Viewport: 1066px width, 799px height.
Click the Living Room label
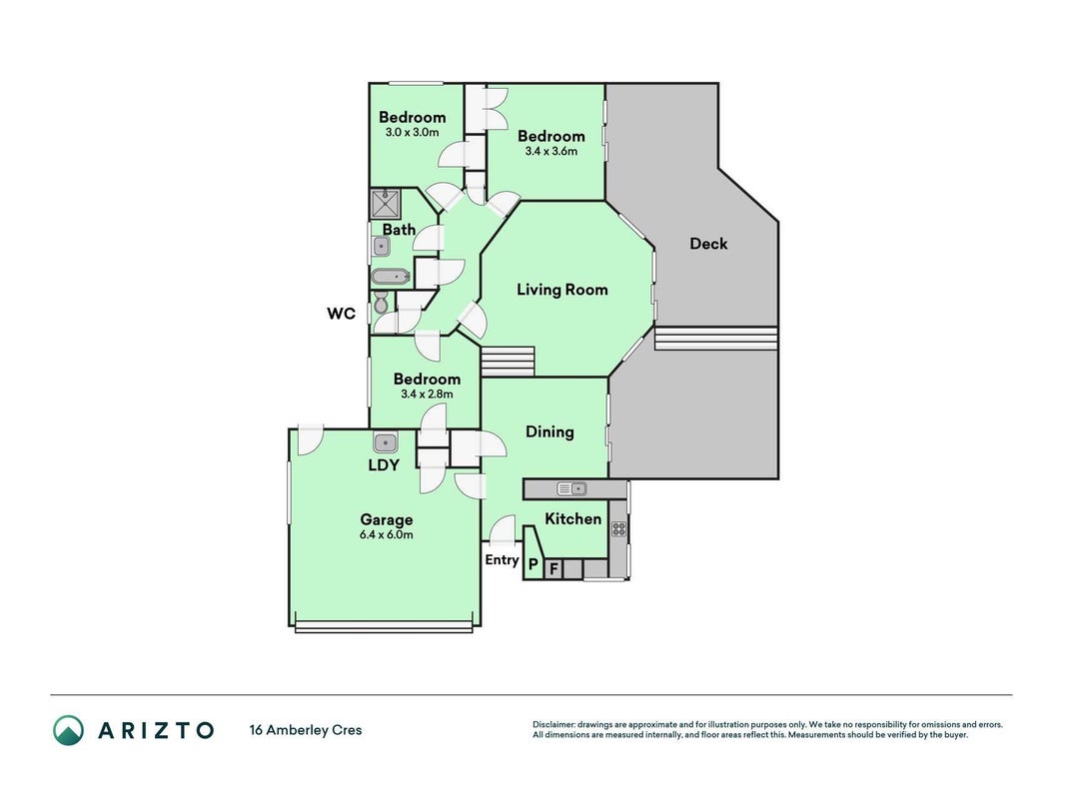(x=562, y=290)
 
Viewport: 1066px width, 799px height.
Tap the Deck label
(x=708, y=244)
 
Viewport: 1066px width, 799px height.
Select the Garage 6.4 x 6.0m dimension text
(x=387, y=534)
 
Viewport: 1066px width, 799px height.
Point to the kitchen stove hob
(x=618, y=528)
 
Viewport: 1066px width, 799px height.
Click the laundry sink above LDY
(x=386, y=443)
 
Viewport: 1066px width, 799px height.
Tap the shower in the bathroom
(x=386, y=205)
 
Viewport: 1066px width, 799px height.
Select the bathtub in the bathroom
(x=391, y=278)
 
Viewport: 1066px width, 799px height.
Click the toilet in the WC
(x=381, y=303)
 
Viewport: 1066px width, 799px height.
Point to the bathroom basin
(x=382, y=247)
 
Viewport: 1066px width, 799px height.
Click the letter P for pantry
(x=533, y=564)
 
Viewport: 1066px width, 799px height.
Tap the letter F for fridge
(x=553, y=568)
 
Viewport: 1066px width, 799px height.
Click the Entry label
(x=502, y=560)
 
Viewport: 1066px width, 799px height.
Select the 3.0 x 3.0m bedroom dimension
(x=412, y=133)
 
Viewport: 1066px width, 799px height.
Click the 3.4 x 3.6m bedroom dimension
(x=550, y=152)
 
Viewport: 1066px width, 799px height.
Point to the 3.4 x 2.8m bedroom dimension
(x=427, y=395)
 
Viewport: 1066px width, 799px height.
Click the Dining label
(x=550, y=432)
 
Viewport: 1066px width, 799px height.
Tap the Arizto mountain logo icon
(x=69, y=730)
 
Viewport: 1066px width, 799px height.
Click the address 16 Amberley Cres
(x=306, y=730)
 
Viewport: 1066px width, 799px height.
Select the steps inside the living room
(x=508, y=361)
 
